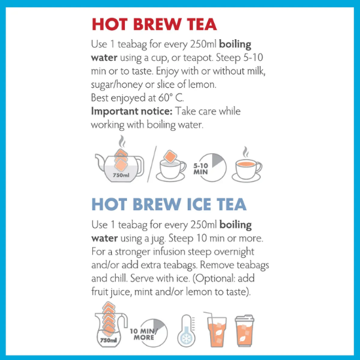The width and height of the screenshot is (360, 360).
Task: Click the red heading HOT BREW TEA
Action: click(154, 24)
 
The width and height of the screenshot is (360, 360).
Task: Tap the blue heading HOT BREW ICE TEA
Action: click(169, 204)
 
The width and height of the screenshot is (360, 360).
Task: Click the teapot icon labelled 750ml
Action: click(120, 166)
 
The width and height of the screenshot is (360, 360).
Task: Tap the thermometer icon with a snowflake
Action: click(187, 331)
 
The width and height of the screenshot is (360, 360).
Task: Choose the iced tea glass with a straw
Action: click(216, 329)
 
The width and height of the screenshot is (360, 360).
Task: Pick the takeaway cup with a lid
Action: click(245, 331)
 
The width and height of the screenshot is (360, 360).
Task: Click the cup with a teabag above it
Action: click(171, 166)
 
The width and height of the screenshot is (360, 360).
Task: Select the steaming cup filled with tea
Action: click(247, 166)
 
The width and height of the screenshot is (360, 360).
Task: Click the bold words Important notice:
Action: click(132, 111)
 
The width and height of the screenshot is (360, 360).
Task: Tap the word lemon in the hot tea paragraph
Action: click(202, 84)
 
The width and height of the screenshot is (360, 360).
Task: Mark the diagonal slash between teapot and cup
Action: click(152, 164)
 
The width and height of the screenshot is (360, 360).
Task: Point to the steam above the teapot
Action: click(122, 141)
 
